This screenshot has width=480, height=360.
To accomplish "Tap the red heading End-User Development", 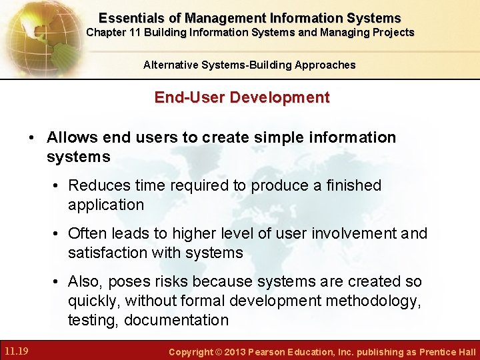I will tap(241, 97).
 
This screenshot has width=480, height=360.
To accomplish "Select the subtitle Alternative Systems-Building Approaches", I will tap(249, 65).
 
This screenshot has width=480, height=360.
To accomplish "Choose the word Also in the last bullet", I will tap(84, 282).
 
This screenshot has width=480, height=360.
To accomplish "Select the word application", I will tap(105, 205).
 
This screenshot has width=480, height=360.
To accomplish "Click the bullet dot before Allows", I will tap(32, 138).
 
